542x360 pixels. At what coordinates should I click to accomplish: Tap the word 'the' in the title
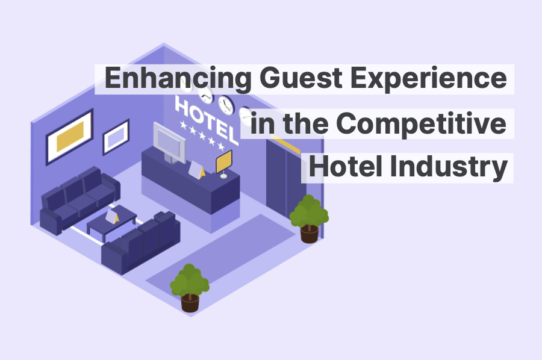(304, 123)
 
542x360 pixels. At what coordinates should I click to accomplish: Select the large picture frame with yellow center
(70, 137)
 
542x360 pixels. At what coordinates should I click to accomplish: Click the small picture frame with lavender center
(116, 137)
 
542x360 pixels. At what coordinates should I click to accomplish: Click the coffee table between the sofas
(112, 222)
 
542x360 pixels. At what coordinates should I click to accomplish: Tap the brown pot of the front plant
(190, 302)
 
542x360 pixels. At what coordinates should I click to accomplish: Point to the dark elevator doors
(284, 178)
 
